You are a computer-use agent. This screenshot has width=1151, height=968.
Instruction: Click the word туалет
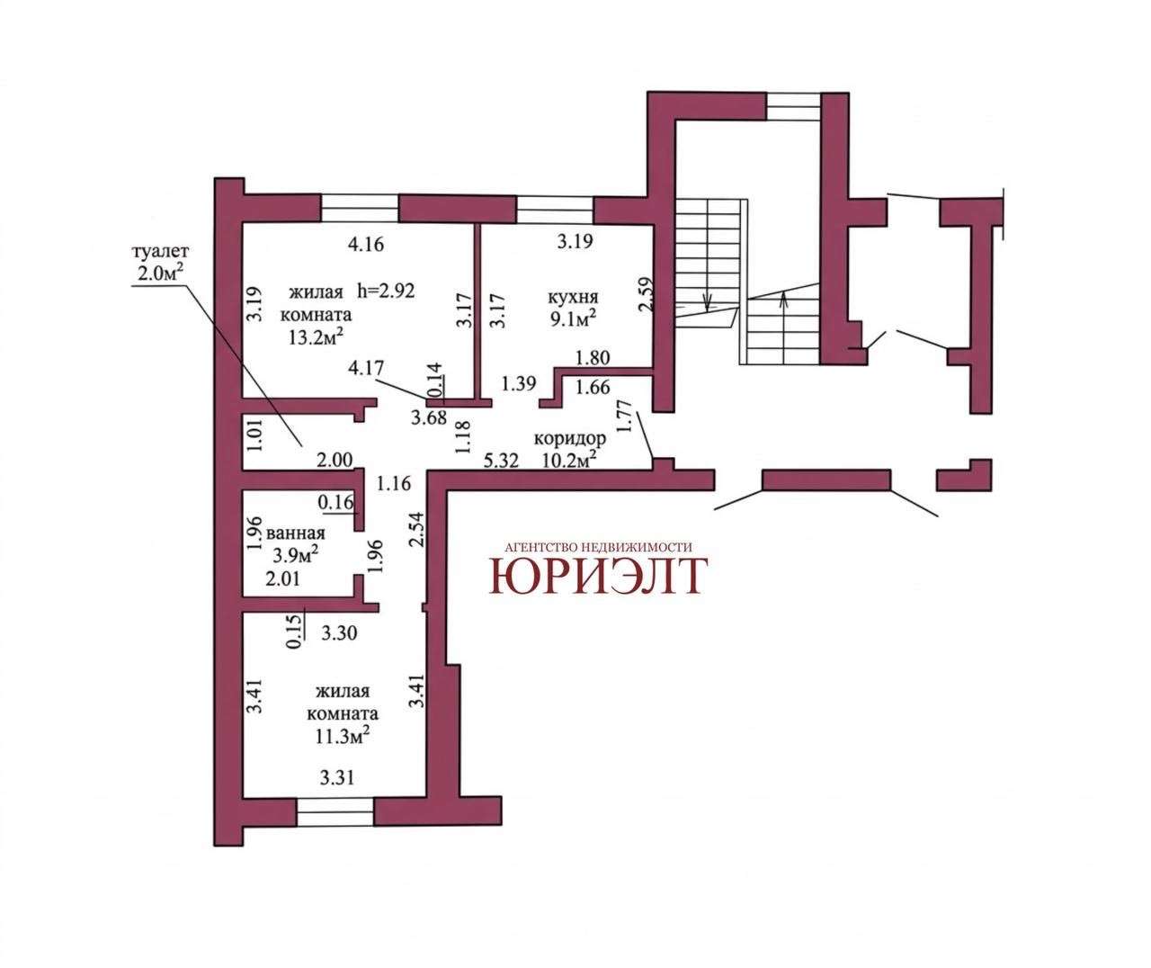click(160, 252)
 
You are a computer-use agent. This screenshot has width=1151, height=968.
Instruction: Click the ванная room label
click(296, 533)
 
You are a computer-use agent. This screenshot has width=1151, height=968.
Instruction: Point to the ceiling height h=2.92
click(386, 290)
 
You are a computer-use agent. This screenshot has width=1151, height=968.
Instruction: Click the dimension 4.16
click(366, 244)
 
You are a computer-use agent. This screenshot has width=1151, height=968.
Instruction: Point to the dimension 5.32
click(501, 460)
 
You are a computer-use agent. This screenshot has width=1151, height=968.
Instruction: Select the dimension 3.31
click(337, 777)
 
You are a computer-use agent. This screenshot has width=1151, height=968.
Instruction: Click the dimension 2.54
click(416, 530)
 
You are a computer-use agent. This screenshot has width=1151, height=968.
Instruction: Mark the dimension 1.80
click(593, 358)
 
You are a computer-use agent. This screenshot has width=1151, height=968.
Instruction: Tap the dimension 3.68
click(429, 417)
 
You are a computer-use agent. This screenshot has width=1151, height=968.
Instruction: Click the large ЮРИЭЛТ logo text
click(598, 576)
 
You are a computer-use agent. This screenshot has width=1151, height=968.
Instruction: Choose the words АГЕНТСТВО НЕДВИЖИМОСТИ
click(598, 547)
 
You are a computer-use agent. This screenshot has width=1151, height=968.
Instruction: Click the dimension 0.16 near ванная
click(335, 502)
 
